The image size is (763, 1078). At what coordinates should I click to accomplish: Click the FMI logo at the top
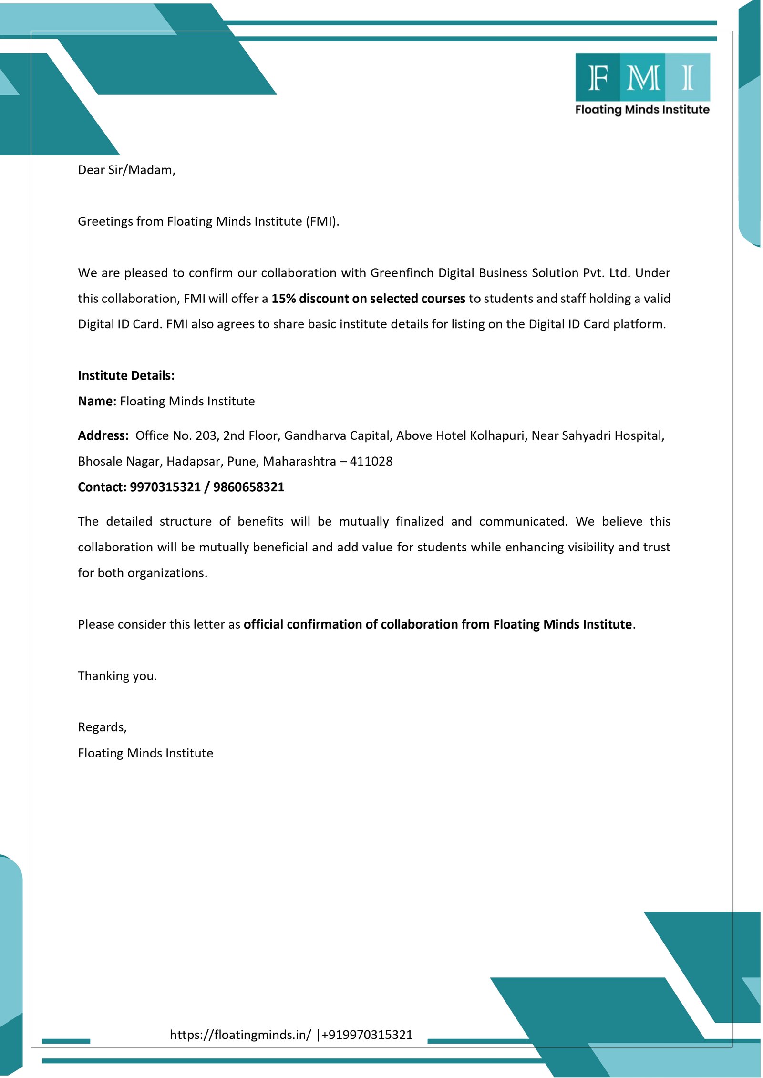point(642,83)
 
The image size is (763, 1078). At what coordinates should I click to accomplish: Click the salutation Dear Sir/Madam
point(126,170)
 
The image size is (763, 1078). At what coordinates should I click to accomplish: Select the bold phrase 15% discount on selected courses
point(368,299)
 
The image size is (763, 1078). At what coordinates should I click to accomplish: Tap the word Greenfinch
point(402,273)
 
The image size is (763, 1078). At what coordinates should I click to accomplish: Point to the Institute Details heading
point(126,376)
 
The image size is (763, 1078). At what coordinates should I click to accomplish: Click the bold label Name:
point(97,402)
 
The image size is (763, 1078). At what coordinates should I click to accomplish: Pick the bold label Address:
point(103,436)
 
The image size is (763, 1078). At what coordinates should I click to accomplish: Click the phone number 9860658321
point(248,487)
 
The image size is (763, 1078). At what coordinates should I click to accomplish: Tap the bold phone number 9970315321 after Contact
point(165,487)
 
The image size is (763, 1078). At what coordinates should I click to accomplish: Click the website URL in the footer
point(240,1035)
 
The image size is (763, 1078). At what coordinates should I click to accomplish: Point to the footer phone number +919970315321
point(367,1035)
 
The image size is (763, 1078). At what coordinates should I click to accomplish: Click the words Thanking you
point(117,676)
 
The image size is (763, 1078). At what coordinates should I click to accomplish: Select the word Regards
point(102,727)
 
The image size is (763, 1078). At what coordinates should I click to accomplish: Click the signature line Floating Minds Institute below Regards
point(145,753)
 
